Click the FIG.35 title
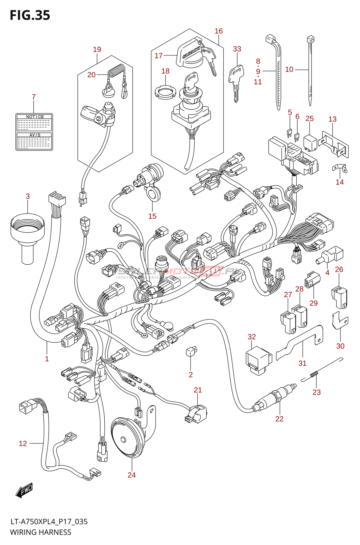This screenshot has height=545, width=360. pos(30,15)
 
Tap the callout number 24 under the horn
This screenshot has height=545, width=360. pos(132,475)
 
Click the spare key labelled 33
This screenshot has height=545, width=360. pos(236,80)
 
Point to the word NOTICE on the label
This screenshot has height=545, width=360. pos(35,117)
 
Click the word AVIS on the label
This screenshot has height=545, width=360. pos(35,135)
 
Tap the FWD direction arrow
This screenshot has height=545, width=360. pos(25,490)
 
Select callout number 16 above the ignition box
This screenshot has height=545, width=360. pos(219,31)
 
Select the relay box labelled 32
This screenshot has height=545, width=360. pos(258,359)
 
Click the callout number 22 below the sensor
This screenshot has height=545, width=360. pos(279,419)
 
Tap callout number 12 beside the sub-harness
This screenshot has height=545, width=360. pos(23,443)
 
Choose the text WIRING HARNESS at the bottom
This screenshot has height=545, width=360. pos(41,532)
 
